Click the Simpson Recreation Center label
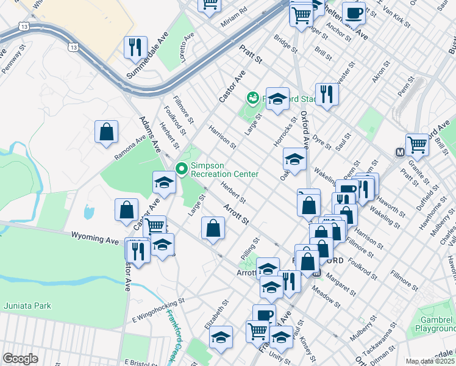coord(224,170)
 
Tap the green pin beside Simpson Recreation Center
coord(181,168)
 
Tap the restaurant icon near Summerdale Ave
coord(135,47)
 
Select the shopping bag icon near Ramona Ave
coord(106,132)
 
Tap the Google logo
coord(20,359)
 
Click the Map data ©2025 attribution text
coord(430,361)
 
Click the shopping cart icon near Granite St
coord(418,145)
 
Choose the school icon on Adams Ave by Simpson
coord(164,182)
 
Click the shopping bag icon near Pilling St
coord(213,229)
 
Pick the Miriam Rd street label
coord(235,10)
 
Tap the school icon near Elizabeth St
coord(221,337)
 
